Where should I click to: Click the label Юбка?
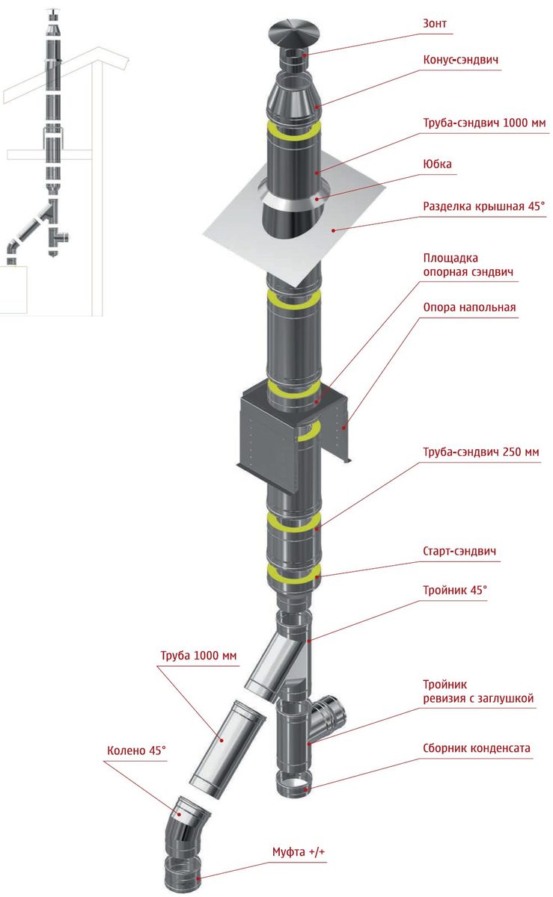click(x=437, y=165)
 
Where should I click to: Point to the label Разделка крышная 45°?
click(x=484, y=206)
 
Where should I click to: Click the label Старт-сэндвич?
click(x=459, y=552)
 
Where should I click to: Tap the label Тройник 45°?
click(x=455, y=591)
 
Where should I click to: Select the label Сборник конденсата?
click(x=476, y=747)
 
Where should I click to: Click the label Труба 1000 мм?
click(x=198, y=656)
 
